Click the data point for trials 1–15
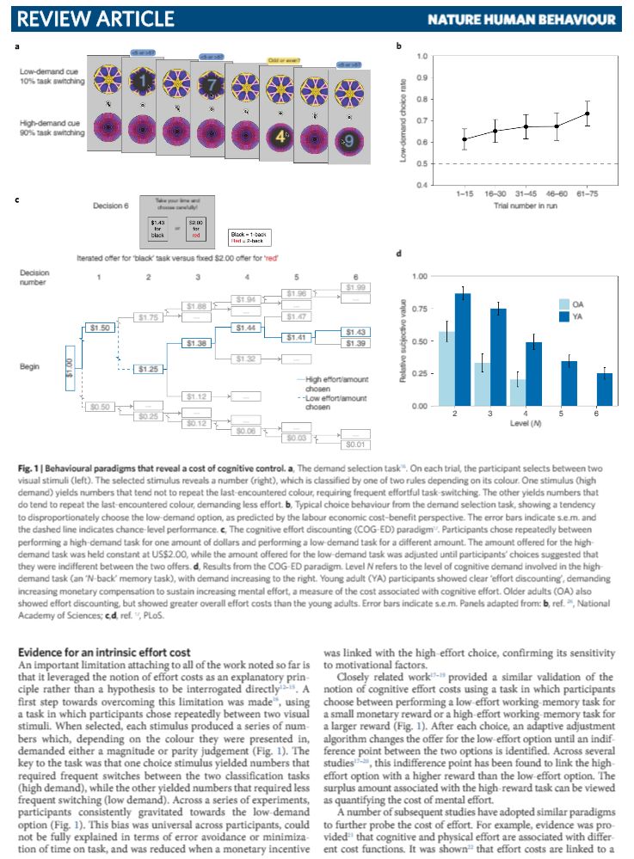coord(465,139)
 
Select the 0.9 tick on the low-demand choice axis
coord(423,78)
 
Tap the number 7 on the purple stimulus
coord(212,85)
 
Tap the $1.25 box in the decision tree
coord(148,369)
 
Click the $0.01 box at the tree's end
coord(355,445)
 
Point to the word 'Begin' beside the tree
coord(29,366)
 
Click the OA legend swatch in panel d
coord(564,304)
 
